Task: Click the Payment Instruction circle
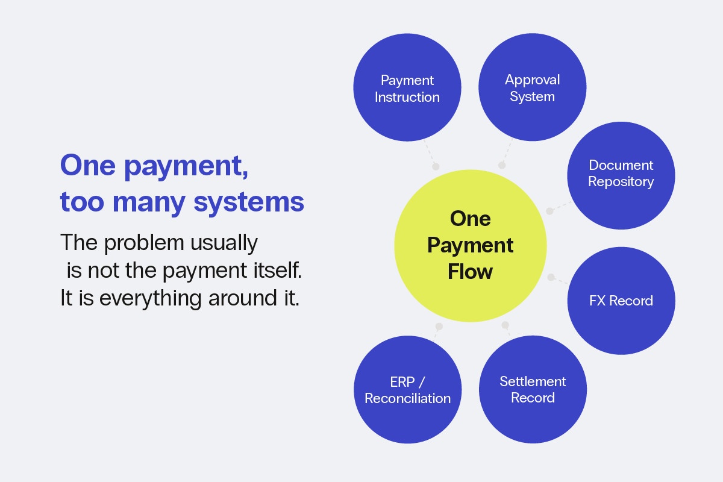[x=407, y=89]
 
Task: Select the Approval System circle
[x=532, y=88]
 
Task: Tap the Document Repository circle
[x=621, y=174]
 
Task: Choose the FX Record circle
[x=621, y=301]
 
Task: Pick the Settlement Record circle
[x=533, y=389]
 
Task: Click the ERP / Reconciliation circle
[x=407, y=390]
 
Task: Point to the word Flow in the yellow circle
[x=470, y=272]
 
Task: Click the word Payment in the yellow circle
[x=470, y=245]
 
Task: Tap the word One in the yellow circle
[x=470, y=219]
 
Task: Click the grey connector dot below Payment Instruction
[x=436, y=166]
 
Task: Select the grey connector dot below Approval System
[x=501, y=165]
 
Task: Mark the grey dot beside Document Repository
[x=549, y=211]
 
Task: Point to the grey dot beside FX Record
[x=551, y=277]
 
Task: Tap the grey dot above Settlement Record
[x=505, y=325]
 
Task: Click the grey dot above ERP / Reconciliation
[x=439, y=327]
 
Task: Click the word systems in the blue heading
[x=249, y=202]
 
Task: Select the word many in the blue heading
[x=149, y=202]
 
